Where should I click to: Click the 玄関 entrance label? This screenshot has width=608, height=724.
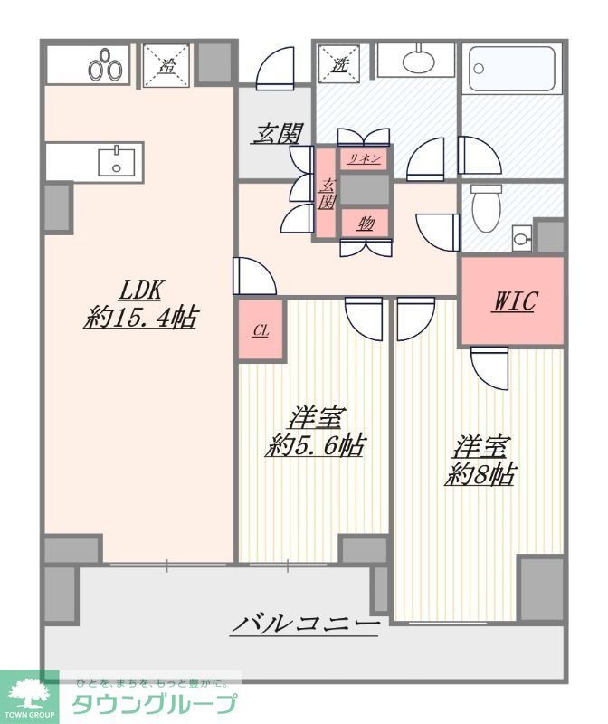[276, 134]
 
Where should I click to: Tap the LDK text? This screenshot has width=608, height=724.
[140, 290]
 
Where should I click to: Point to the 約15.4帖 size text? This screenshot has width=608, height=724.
[140, 318]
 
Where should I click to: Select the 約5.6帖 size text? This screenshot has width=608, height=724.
[315, 445]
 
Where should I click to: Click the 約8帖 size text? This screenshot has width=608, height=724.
[480, 473]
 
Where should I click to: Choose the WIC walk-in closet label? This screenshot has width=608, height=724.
[513, 301]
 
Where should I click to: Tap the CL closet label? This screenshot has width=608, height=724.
[260, 330]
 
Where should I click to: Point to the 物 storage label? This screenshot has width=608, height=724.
[365, 223]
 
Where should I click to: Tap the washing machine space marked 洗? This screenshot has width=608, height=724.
[340, 65]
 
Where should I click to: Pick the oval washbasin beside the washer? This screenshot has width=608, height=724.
[417, 62]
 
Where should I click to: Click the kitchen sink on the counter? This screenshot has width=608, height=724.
[115, 162]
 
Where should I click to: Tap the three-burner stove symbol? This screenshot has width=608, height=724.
[105, 67]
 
